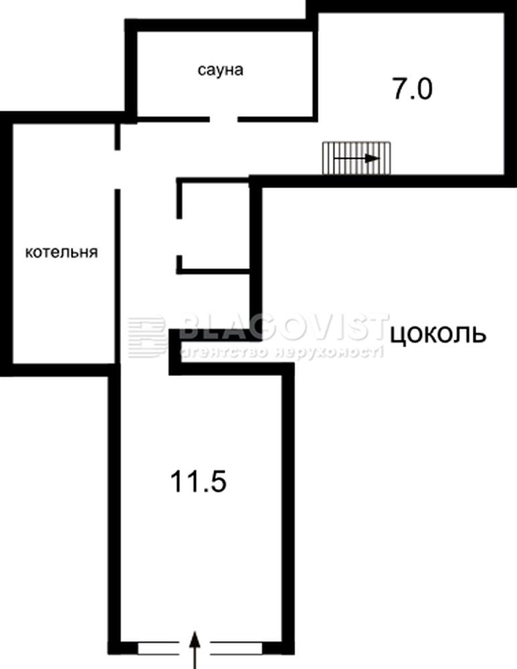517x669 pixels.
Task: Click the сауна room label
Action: [220, 70]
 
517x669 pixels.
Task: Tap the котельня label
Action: [62, 252]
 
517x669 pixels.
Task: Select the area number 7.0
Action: [413, 89]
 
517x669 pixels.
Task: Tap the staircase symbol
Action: [356, 159]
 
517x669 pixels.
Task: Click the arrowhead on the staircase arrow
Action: [374, 159]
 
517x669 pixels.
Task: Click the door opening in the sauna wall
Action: [223, 119]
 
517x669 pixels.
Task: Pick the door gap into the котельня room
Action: [117, 169]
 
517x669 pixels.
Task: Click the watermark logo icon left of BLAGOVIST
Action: [146, 337]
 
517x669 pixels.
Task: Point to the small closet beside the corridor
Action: [213, 225]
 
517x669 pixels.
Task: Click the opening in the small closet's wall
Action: [180, 237]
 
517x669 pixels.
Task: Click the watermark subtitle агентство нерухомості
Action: [282, 351]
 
